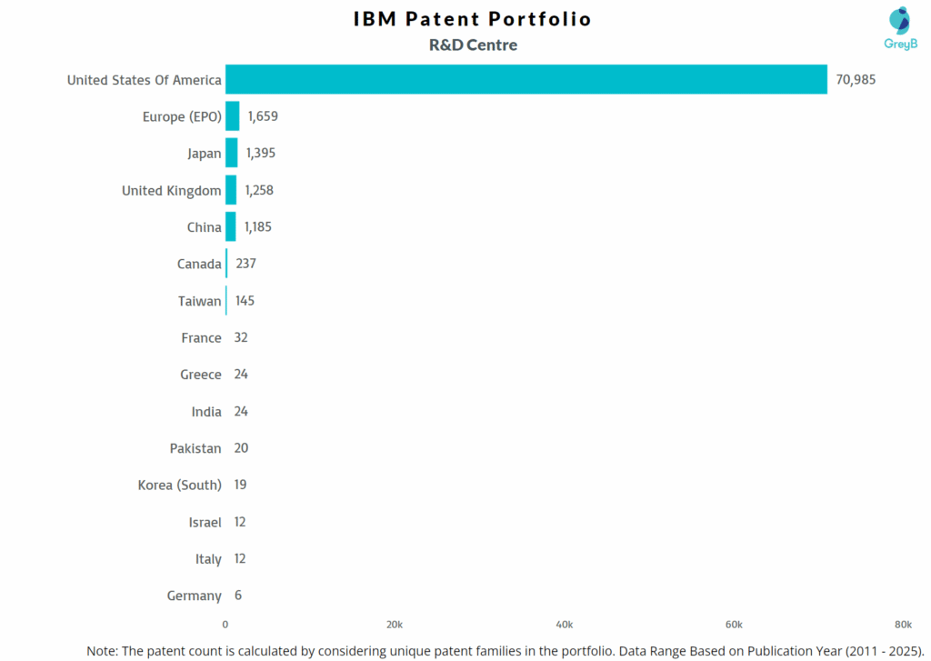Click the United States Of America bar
526,79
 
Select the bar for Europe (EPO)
233,116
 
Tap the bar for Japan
232,153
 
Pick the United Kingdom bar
231,190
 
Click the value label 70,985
856,80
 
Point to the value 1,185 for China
257,227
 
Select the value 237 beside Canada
245,264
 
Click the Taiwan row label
200,301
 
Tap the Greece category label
201,375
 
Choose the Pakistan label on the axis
195,448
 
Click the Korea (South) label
179,485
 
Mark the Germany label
195,596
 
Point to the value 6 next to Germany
237,596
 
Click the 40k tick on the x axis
564,625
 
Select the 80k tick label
903,625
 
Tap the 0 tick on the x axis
225,625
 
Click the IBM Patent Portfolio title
473,19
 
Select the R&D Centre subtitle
473,45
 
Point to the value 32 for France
241,337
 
